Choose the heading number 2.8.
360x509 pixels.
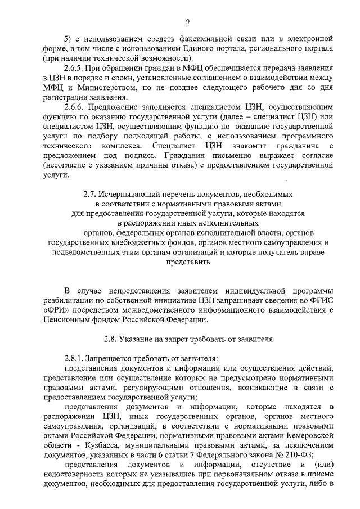click(x=112, y=339)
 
